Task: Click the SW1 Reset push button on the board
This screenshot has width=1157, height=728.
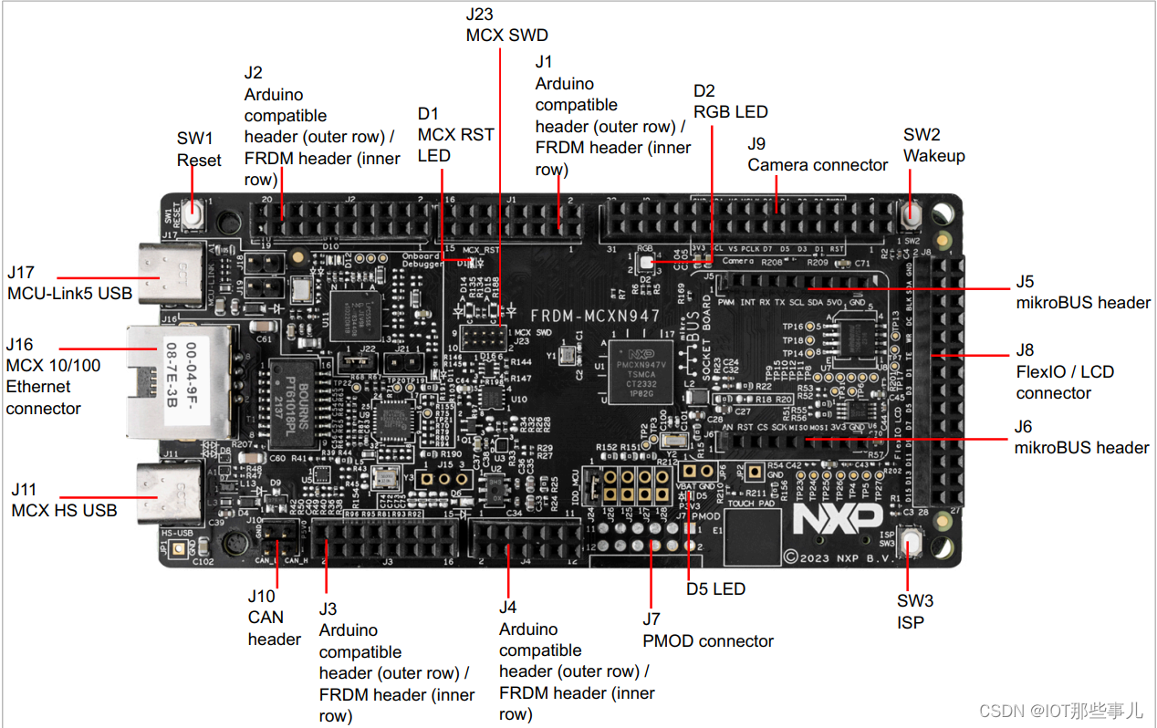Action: (193, 216)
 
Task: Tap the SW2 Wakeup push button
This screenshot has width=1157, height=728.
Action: (911, 215)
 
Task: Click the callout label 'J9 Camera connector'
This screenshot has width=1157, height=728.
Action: (818, 154)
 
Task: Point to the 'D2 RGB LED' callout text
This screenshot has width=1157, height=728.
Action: (730, 101)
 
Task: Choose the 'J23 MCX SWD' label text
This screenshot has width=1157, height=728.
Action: (506, 26)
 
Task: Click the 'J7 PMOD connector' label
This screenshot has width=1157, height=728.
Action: (708, 630)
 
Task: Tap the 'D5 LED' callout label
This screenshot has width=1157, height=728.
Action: (715, 588)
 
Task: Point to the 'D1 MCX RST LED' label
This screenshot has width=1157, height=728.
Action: (455, 134)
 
